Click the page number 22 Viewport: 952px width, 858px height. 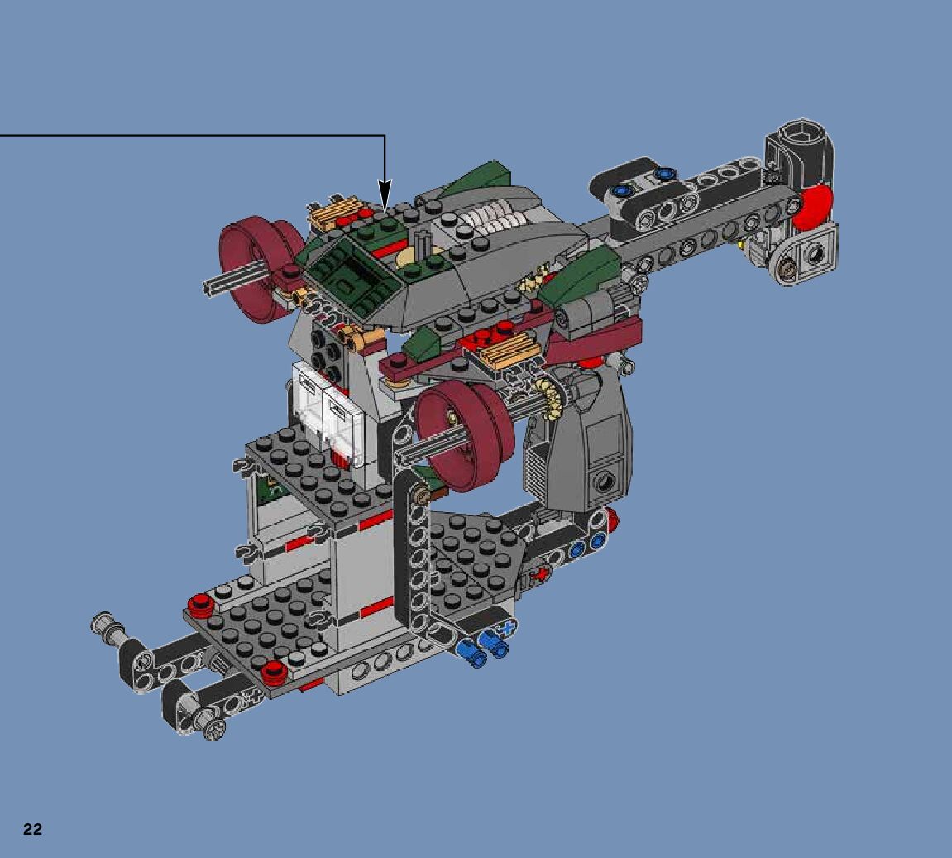[33, 830]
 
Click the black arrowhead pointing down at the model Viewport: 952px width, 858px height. [385, 194]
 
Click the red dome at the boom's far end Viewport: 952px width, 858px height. [815, 207]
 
